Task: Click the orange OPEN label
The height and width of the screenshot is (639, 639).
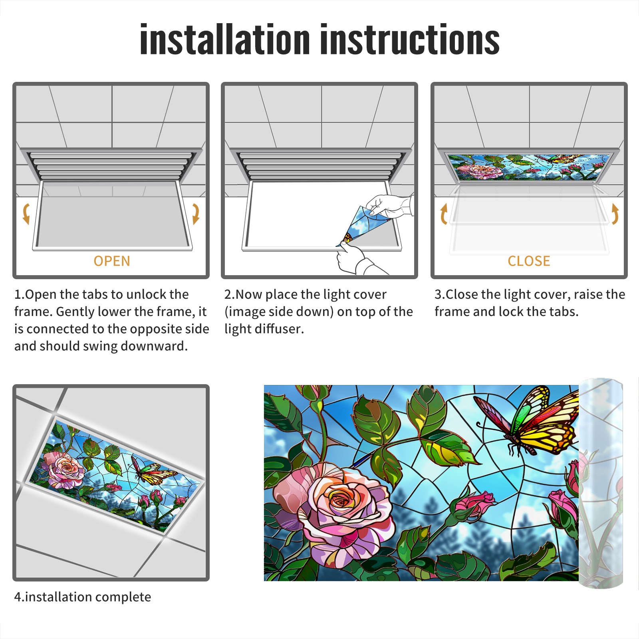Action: point(112,261)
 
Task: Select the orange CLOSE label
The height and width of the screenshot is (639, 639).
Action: point(529,261)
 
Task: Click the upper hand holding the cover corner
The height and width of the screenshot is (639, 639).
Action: point(389,207)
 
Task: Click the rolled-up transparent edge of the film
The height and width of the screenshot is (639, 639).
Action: point(601,483)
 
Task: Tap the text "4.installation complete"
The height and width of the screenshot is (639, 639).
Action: point(83,597)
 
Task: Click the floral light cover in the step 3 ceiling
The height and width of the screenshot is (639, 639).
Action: point(529,167)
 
